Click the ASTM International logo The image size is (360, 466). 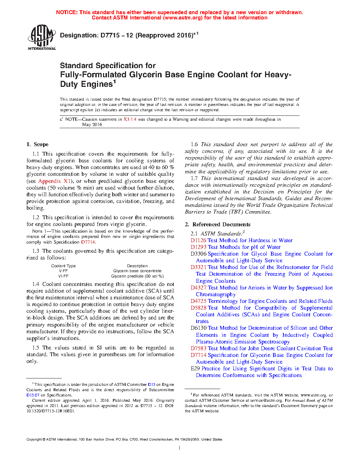42,37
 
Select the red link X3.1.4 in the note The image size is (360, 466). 130,119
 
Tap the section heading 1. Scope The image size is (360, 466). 37,144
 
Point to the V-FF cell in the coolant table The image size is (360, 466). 64,271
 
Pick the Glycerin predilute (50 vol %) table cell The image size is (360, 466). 137,276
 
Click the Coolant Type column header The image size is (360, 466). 64,266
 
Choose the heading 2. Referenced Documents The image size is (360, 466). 217,225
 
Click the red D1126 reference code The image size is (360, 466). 198,240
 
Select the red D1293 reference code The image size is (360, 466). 198,247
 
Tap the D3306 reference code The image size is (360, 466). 198,254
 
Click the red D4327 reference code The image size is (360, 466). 198,288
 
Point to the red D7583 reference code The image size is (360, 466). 198,348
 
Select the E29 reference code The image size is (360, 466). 195,369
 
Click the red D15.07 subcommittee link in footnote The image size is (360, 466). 33,395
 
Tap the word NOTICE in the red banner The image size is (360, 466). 67,12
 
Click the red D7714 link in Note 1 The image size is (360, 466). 88,242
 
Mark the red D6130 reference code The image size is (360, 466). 198,328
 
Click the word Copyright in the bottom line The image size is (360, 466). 34,440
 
